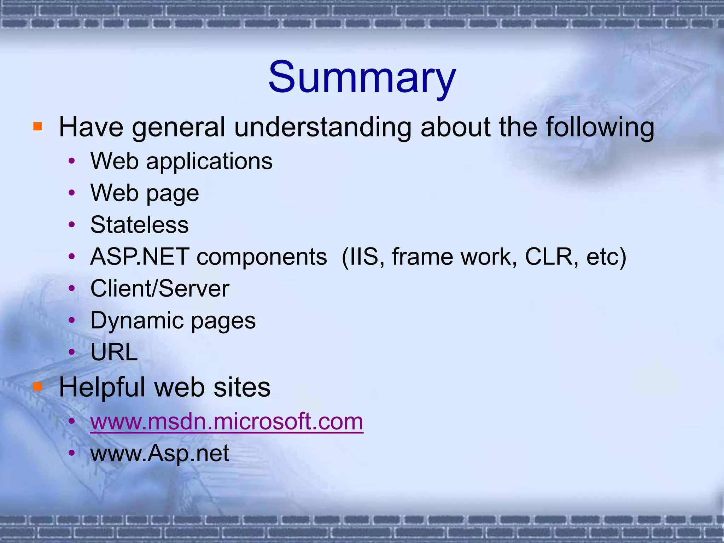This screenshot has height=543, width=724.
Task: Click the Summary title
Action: [x=362, y=77]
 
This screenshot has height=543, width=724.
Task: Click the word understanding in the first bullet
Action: [x=322, y=127]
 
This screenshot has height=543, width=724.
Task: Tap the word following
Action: [x=600, y=127]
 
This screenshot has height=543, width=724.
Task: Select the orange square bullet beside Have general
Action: [x=37, y=126]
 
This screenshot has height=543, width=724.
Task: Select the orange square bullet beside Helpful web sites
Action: [x=37, y=386]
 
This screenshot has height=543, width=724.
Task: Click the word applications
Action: [x=209, y=162]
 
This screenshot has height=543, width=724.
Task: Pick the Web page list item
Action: [x=145, y=193]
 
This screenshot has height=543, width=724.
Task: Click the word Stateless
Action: [x=140, y=225]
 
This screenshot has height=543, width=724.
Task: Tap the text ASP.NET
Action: [x=140, y=257]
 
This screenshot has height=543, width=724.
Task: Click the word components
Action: [x=262, y=257]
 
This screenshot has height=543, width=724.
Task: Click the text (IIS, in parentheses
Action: [x=363, y=257]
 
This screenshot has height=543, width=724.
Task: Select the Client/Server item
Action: [x=160, y=288]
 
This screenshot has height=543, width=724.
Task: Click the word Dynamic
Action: [x=137, y=321]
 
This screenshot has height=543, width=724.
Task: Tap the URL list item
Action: [x=114, y=352]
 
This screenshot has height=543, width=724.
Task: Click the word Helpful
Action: [x=102, y=387]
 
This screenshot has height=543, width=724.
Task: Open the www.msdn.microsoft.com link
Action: [x=227, y=421]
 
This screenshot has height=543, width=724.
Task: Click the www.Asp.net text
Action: [x=160, y=453]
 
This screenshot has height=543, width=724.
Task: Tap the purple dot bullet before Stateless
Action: [x=72, y=225]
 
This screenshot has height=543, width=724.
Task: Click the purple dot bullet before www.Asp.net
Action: [x=72, y=453]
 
